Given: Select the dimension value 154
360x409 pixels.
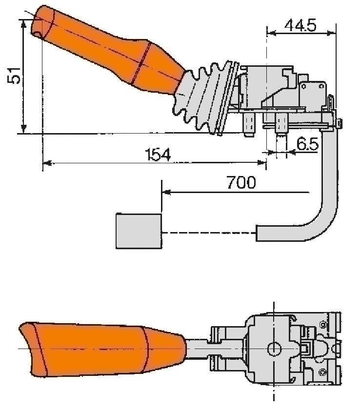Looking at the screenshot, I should point(159,155).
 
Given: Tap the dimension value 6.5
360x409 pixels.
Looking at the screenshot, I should point(307,144).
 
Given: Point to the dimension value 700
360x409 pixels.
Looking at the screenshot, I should point(240,183).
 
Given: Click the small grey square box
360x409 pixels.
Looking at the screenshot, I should point(139,231).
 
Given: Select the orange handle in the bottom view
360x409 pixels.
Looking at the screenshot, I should point(98,349).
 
